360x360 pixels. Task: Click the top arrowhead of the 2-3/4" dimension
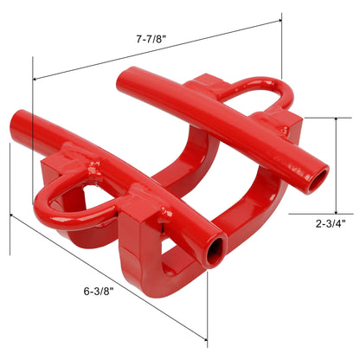click(336, 119)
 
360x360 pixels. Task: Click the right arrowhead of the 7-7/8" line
click(280, 16)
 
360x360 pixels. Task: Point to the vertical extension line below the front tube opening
click(209, 303)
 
